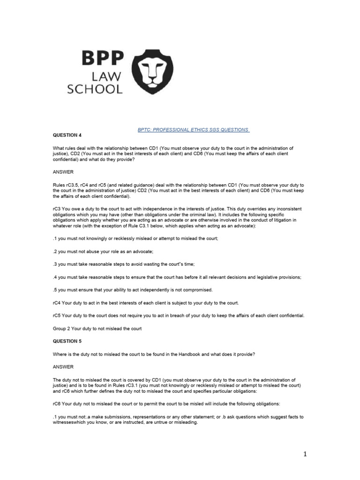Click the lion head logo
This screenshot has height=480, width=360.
(x=152, y=72)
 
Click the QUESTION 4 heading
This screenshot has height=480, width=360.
(x=67, y=135)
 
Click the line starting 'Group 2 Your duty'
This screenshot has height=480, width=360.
(x=97, y=329)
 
